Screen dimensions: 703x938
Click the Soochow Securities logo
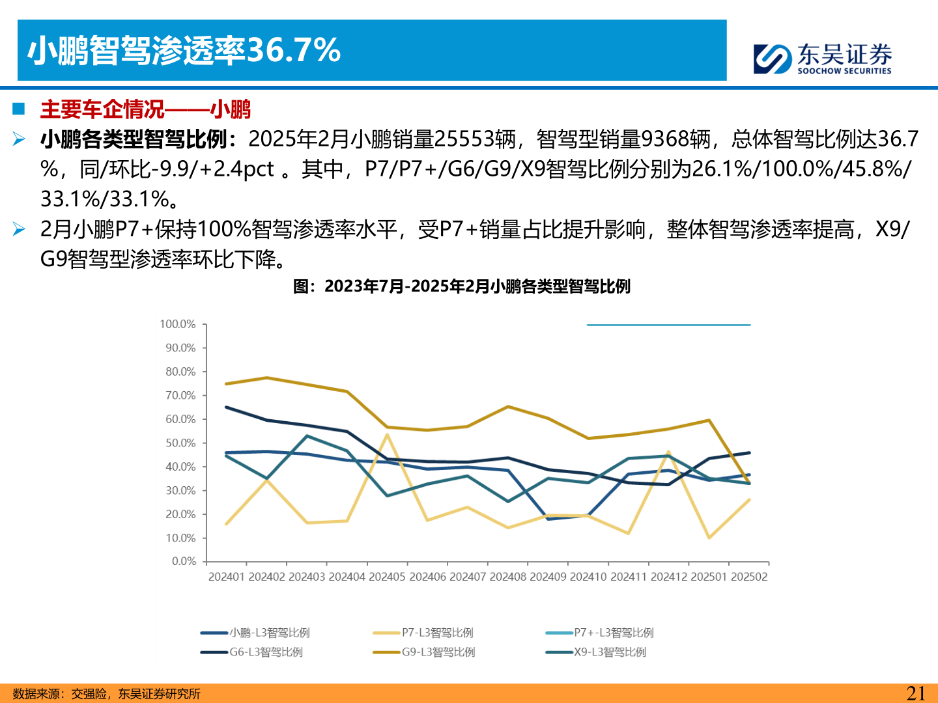coord(822,59)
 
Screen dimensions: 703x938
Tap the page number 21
coord(916,693)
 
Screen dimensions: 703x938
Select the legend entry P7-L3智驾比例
coord(437,633)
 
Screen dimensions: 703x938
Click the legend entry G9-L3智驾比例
coord(438,652)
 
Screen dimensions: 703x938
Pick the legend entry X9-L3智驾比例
coord(610,652)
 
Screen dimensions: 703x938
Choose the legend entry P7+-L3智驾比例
coord(613,633)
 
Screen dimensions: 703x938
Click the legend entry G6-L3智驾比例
coord(266,652)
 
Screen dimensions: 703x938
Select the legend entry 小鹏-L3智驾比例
coord(269,633)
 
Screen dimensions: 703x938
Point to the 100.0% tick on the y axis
coord(177,324)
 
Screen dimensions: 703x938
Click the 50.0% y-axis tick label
coord(180,443)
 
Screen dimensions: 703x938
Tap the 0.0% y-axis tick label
coord(184,562)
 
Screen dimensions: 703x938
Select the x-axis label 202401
coord(227,577)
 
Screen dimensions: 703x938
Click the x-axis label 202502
coord(749,577)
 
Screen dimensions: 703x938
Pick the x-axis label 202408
coord(508,577)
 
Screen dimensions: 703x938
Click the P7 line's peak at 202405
coord(387,435)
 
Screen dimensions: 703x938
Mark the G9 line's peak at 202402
coord(266,378)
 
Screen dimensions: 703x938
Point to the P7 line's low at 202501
coord(709,538)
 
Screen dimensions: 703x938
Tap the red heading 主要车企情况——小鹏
coord(145,109)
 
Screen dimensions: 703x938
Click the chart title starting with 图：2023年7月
coord(461,286)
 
